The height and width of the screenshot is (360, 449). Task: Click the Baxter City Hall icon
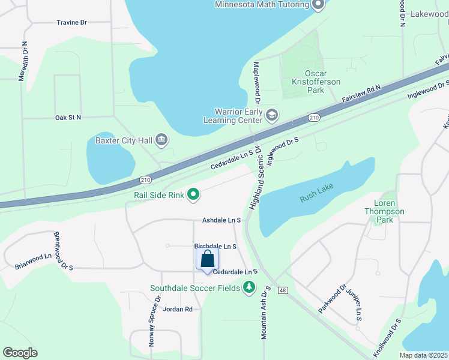(x=161, y=140)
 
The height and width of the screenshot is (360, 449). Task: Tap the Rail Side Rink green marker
(x=193, y=193)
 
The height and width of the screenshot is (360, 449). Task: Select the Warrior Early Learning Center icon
(x=271, y=115)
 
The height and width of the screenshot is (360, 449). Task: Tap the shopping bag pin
(x=208, y=259)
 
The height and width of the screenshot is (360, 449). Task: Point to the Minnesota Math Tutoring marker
(x=318, y=5)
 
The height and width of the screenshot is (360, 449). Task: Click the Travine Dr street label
(x=72, y=23)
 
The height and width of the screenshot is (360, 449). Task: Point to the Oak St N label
(x=68, y=118)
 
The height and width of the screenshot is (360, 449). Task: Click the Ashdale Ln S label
(x=221, y=221)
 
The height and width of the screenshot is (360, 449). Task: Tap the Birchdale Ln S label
(x=215, y=247)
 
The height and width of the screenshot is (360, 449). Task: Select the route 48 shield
(x=283, y=290)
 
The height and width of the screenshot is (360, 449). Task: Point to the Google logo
(x=20, y=353)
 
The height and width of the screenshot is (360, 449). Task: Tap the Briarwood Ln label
(x=33, y=260)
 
